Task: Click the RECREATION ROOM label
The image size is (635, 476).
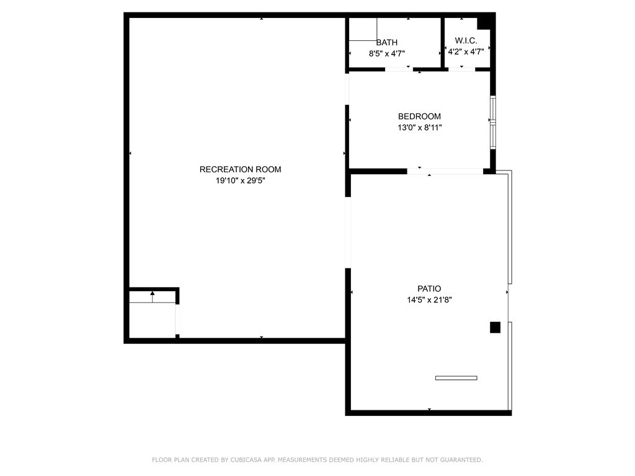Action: coord(240,169)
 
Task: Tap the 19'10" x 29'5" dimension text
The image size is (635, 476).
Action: coord(240,181)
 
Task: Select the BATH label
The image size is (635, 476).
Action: coord(387,42)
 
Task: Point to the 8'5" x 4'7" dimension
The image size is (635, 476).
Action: coord(387,53)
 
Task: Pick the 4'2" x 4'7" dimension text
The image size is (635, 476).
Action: coord(466,53)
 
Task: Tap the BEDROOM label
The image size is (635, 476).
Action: coord(419,117)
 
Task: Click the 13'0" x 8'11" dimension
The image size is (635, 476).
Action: coord(419,128)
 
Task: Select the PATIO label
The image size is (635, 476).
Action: coord(429,289)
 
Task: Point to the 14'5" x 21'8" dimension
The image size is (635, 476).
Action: coord(429,300)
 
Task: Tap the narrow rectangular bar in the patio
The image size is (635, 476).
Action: coord(456,377)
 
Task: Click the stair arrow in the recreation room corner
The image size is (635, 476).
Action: coord(153,296)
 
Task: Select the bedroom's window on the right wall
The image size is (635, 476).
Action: coord(493,121)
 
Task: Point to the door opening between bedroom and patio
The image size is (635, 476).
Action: coord(445,171)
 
